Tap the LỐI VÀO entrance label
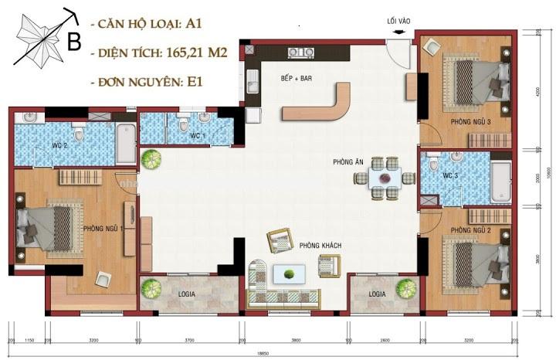click(398, 22)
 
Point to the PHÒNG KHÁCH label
click(320, 246)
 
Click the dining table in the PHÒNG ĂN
click(385, 178)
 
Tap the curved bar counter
click(324, 105)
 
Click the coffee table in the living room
click(289, 273)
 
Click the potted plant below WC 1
click(151, 159)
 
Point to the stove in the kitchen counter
click(297, 53)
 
